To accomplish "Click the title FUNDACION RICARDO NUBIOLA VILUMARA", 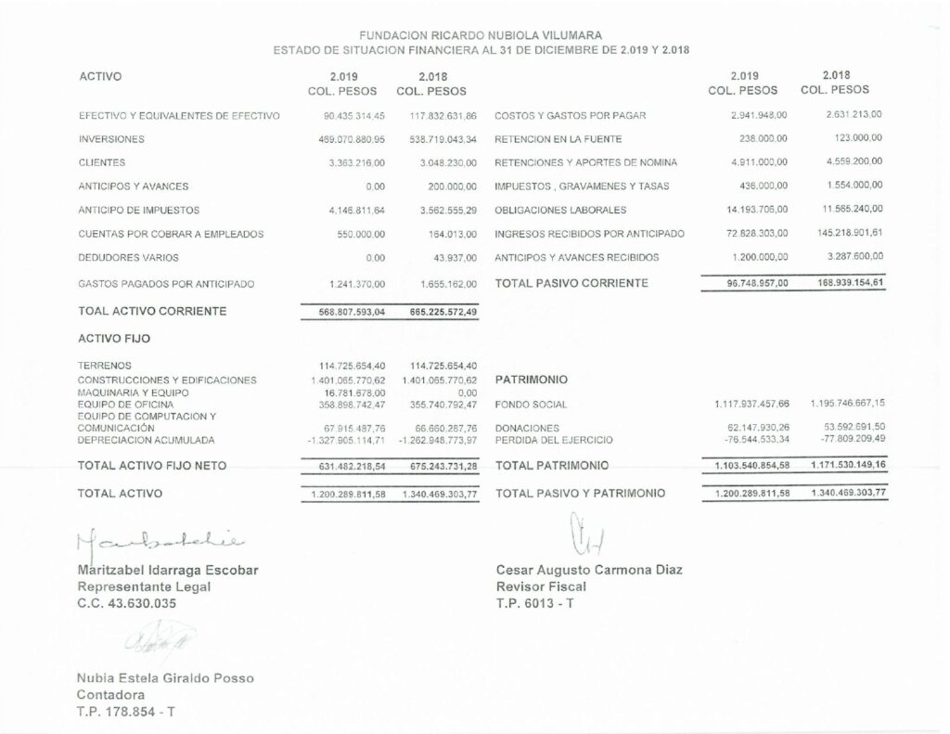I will coord(481,34).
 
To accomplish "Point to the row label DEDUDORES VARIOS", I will coord(129,258).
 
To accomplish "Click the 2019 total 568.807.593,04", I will coord(344,313).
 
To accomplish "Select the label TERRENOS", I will coord(105,366).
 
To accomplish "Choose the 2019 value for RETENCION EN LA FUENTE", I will coord(764,138).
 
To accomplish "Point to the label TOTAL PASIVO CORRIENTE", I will coord(571,283).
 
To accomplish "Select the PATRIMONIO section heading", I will coord(533,380).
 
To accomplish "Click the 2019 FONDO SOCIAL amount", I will coord(751,405).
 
